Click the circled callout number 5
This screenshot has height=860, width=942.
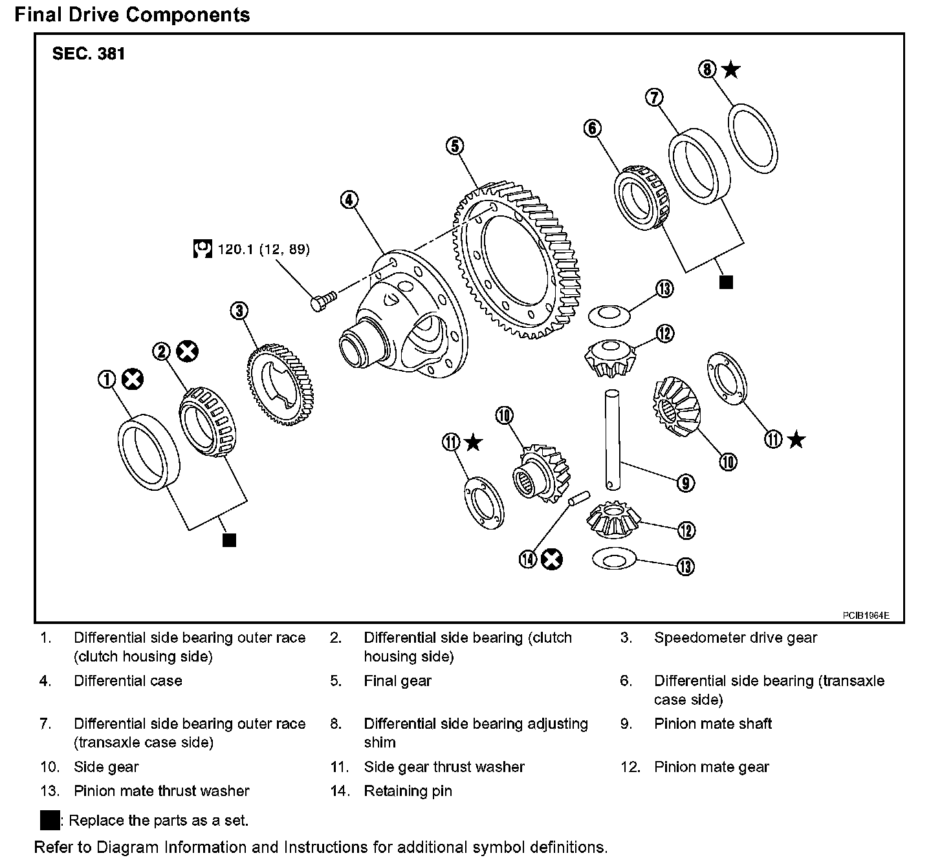(x=455, y=145)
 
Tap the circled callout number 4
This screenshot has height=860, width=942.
(x=349, y=200)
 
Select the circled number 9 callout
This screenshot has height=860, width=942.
(x=686, y=482)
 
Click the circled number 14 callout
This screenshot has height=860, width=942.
(x=528, y=559)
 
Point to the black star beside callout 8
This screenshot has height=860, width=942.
(x=731, y=70)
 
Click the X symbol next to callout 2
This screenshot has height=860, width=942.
(x=188, y=351)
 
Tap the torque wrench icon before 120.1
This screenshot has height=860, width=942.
(x=203, y=248)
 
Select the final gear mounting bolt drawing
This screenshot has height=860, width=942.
(x=323, y=301)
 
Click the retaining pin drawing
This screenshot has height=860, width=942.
(x=578, y=498)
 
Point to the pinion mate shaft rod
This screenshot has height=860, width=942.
(x=612, y=439)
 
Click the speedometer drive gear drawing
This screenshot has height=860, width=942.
(x=280, y=385)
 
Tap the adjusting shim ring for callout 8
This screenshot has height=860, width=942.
(x=752, y=139)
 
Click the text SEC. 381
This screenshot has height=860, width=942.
(x=88, y=54)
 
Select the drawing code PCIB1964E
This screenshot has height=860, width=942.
(x=866, y=616)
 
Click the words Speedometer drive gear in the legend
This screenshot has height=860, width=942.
(x=736, y=638)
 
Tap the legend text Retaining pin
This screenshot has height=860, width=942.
(x=408, y=791)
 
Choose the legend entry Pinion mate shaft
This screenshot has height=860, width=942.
(x=713, y=724)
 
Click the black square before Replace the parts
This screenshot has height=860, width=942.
(x=50, y=820)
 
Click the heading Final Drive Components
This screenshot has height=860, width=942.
(x=133, y=15)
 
